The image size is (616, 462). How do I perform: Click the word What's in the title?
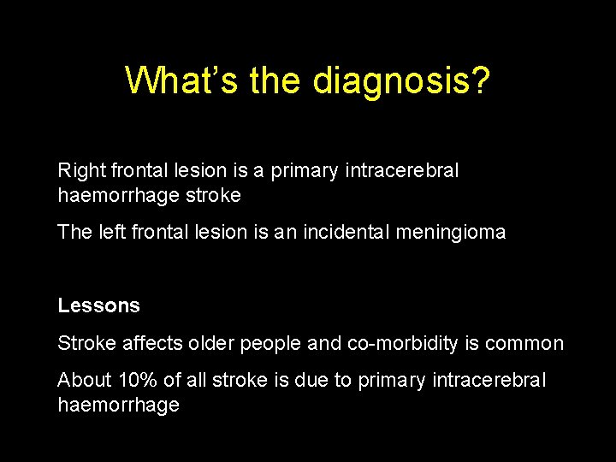[183, 81]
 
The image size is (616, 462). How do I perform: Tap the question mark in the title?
[481, 81]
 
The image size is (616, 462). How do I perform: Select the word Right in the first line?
[79, 171]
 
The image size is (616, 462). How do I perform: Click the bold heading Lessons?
[98, 305]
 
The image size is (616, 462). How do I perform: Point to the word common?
[524, 344]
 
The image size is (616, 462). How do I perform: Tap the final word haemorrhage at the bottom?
[118, 405]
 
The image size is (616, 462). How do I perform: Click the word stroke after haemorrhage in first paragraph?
[212, 195]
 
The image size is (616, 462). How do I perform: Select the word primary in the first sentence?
[305, 171]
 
